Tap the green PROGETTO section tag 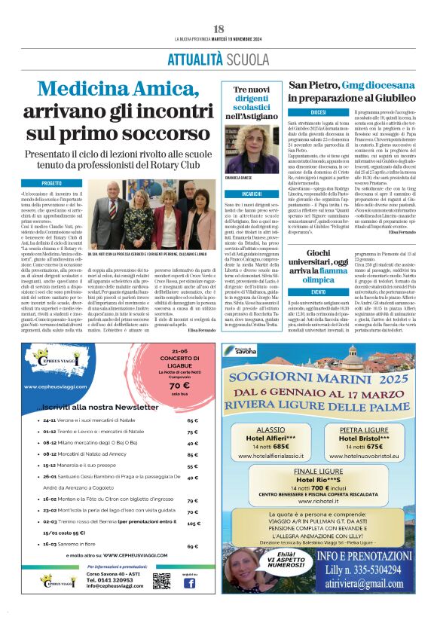coord(52,183)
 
